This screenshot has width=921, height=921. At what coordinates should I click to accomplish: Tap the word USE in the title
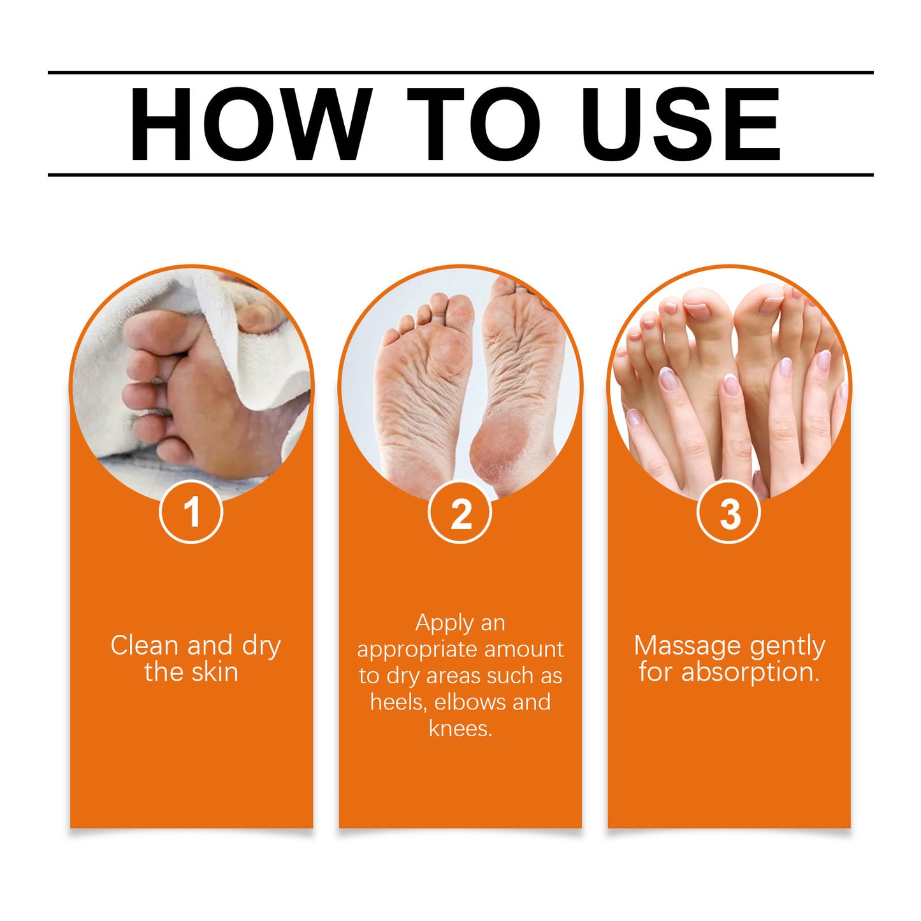(x=680, y=124)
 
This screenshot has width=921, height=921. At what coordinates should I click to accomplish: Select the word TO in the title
(x=473, y=124)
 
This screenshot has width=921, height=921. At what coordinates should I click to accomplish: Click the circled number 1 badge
(x=191, y=512)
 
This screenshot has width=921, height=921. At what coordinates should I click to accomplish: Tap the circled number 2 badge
(x=460, y=512)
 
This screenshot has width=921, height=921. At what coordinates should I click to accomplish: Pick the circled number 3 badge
(x=729, y=512)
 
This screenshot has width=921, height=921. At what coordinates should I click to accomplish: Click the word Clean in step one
(x=144, y=646)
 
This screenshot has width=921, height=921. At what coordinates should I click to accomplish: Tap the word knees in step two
(x=460, y=729)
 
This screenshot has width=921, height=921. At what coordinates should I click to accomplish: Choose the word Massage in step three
(x=687, y=646)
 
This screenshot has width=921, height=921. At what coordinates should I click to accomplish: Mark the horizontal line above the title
(x=460, y=73)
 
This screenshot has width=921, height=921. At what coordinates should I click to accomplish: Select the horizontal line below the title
(x=460, y=174)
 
